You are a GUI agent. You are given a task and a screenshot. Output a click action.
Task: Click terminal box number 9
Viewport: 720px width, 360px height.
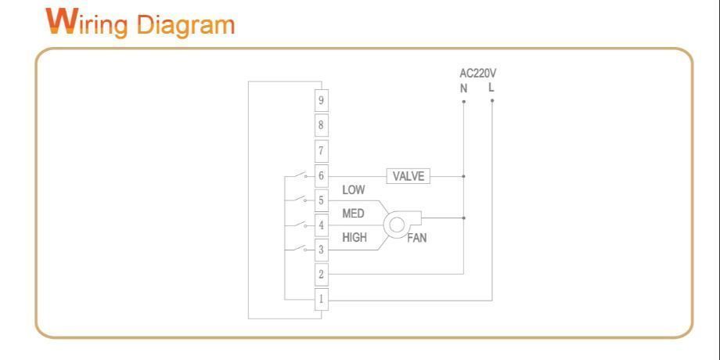click(321, 100)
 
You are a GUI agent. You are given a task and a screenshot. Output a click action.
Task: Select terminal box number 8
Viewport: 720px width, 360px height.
click(321, 125)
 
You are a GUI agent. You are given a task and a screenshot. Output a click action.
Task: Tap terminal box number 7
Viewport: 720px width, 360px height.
click(321, 150)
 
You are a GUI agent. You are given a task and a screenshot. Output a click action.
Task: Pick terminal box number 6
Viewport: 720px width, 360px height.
click(321, 176)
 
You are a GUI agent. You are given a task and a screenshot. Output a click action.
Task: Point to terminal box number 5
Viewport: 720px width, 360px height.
click(321, 201)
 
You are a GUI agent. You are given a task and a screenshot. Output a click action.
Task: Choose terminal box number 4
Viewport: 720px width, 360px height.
click(321, 226)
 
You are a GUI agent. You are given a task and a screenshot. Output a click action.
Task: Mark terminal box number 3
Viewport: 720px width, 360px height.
click(321, 250)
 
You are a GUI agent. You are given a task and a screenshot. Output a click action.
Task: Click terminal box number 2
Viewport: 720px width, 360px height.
click(321, 275)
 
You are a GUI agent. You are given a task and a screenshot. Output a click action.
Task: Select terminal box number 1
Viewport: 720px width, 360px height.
click(321, 299)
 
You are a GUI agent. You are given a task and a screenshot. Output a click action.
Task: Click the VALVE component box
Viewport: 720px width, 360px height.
click(408, 176)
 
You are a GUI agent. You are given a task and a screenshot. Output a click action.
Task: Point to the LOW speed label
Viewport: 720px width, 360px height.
click(354, 190)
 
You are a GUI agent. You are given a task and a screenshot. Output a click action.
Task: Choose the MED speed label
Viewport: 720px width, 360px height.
click(354, 214)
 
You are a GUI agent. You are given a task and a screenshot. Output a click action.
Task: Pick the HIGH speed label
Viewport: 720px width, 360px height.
click(355, 237)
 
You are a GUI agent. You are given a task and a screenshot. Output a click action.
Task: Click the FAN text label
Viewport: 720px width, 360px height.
click(417, 239)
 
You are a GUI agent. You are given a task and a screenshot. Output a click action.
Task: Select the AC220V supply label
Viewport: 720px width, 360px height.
click(477, 74)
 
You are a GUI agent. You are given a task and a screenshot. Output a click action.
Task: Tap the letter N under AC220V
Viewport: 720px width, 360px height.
click(463, 88)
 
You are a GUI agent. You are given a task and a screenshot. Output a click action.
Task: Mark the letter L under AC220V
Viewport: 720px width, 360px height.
click(491, 88)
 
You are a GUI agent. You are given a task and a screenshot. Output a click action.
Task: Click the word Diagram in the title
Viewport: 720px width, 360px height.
click(185, 24)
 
